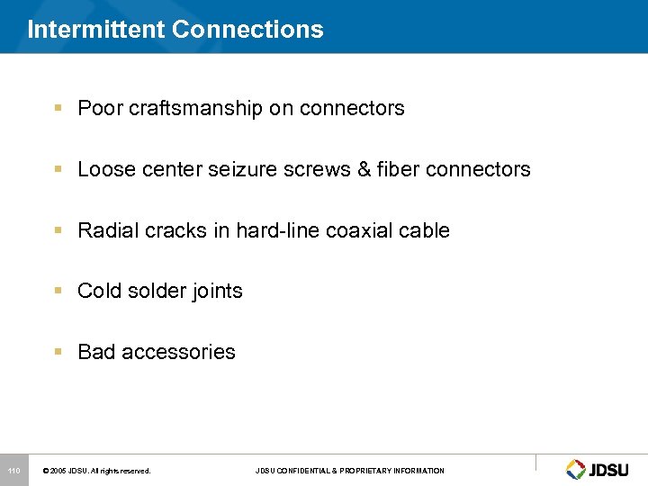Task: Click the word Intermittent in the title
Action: point(96,30)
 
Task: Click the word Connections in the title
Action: point(247,30)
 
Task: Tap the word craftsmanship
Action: point(188,109)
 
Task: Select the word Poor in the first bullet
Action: point(97,109)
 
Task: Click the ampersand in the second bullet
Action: point(364,169)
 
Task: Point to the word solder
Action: point(151,292)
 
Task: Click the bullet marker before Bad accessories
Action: point(58,352)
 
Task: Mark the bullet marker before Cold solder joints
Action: point(58,291)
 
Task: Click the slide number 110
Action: point(13,471)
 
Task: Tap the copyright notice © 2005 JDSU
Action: point(97,471)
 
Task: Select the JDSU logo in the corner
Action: point(597,469)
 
